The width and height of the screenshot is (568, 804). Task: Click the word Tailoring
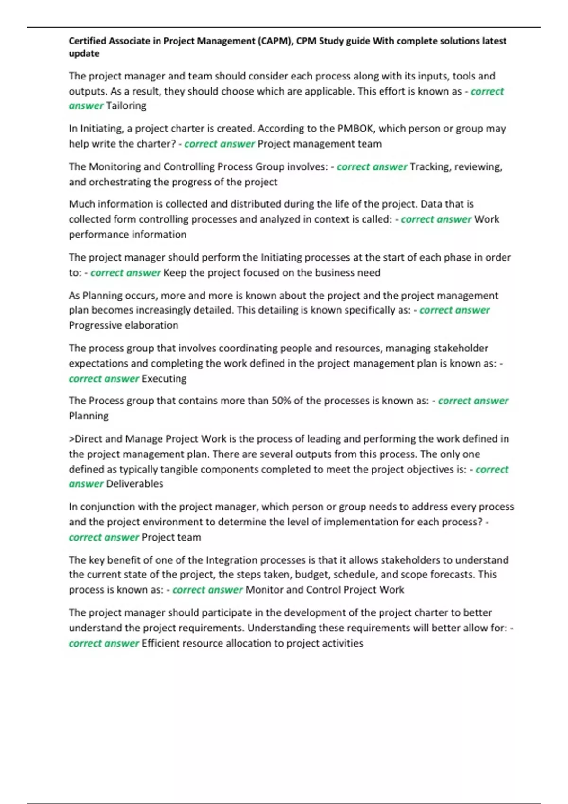point(126,106)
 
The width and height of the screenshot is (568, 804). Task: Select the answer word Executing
point(164,379)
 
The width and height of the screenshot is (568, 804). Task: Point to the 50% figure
point(281,401)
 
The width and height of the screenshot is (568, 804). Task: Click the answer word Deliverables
point(134,484)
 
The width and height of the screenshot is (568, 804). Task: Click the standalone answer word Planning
point(89,416)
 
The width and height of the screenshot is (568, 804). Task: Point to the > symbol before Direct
point(71,439)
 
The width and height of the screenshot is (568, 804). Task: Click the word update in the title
point(84,53)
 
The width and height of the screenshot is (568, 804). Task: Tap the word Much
point(82,204)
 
